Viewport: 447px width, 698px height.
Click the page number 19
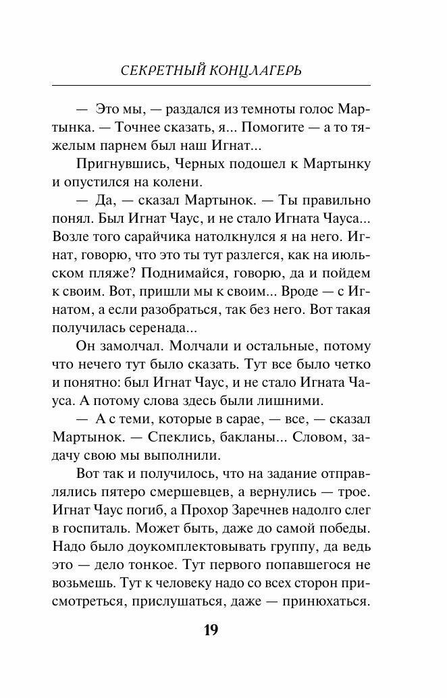(x=211, y=630)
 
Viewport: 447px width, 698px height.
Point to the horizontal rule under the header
(x=211, y=86)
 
